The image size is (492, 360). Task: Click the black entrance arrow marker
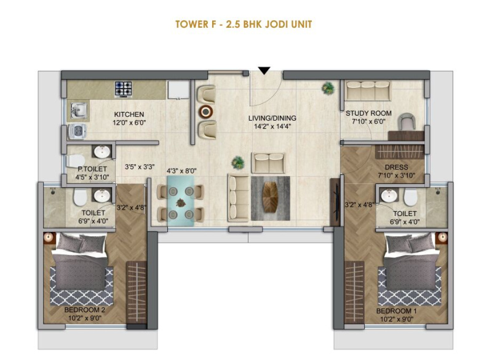[264, 71]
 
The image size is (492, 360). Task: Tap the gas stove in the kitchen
[124, 89]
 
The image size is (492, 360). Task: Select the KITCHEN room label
[129, 114]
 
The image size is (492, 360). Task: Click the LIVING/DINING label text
[272, 118]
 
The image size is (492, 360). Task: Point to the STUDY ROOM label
[368, 113]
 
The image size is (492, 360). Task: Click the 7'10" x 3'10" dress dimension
[396, 175]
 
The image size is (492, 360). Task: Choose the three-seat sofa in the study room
[368, 90]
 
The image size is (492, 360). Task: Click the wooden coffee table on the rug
[270, 198]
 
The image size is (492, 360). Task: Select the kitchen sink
[79, 110]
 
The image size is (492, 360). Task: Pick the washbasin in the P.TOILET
[102, 152]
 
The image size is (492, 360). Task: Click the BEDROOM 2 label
[85, 310]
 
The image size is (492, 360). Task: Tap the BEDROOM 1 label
[396, 311]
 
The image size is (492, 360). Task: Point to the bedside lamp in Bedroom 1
[442, 238]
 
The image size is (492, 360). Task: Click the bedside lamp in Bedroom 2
[49, 238]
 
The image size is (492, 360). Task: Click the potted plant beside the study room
[328, 88]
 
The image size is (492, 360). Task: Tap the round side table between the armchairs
[206, 111]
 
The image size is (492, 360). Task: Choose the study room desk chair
[407, 121]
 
